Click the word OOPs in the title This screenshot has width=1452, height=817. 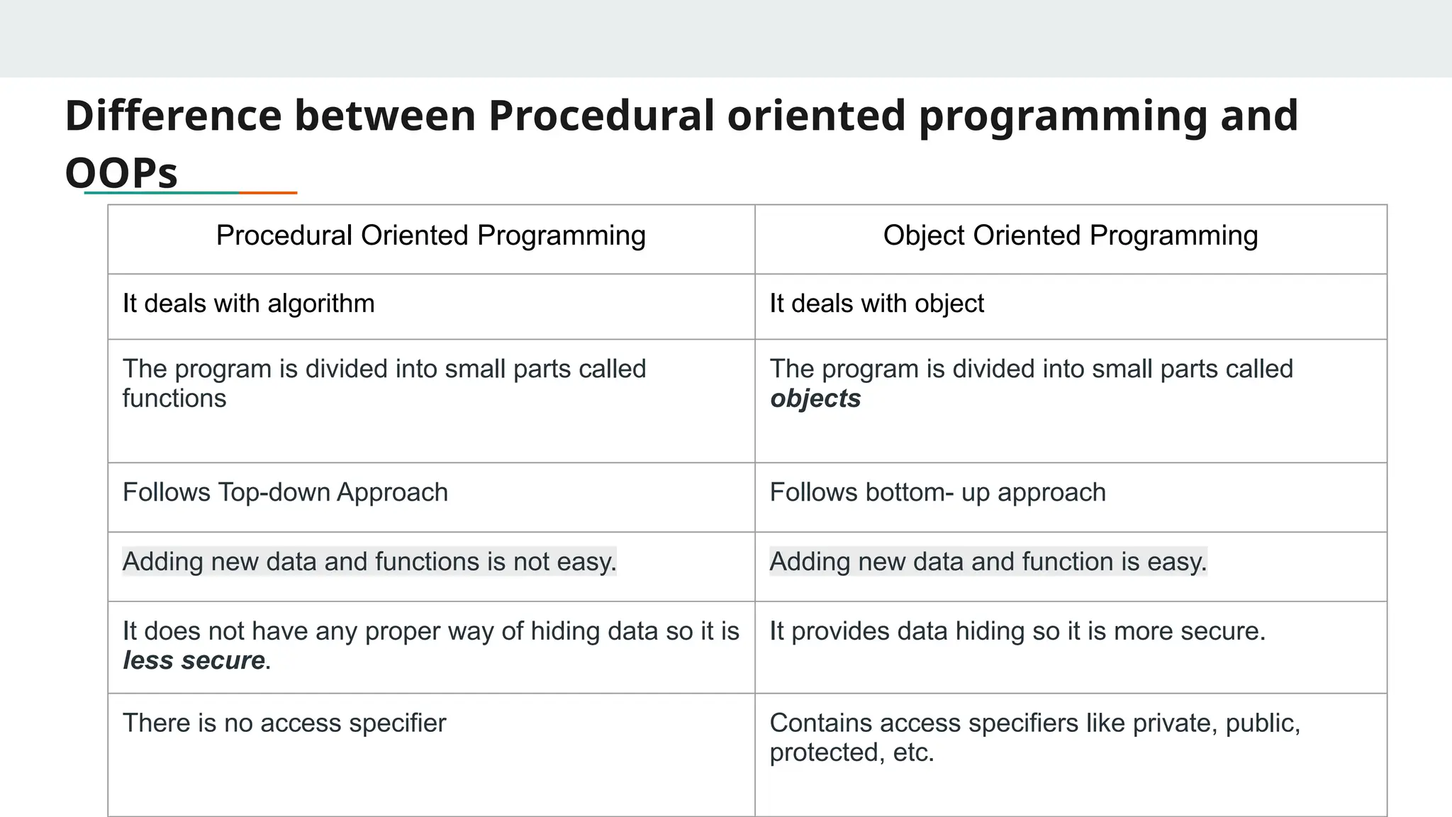click(x=121, y=172)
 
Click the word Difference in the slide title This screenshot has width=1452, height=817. click(x=173, y=116)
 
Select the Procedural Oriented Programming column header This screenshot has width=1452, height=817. click(x=431, y=235)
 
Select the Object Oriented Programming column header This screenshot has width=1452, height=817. click(x=1070, y=235)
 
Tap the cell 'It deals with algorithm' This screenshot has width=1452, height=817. click(x=248, y=304)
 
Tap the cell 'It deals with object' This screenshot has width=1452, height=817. click(x=876, y=304)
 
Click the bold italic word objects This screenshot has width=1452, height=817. click(x=815, y=399)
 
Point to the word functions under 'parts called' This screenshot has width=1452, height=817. click(x=174, y=399)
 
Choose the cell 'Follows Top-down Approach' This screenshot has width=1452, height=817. click(x=285, y=492)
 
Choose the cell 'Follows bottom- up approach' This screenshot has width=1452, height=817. click(x=937, y=492)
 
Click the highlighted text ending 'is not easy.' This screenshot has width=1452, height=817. click(x=369, y=562)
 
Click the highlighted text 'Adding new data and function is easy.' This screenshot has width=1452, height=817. click(x=988, y=562)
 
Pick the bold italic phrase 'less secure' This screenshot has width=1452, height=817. click(x=194, y=660)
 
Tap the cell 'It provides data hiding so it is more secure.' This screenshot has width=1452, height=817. click(x=1017, y=631)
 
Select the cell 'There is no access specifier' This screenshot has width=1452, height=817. click(x=284, y=723)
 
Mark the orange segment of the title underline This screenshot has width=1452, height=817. click(x=268, y=192)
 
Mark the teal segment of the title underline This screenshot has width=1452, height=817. click(x=162, y=192)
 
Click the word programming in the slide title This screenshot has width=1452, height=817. click(x=1063, y=116)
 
